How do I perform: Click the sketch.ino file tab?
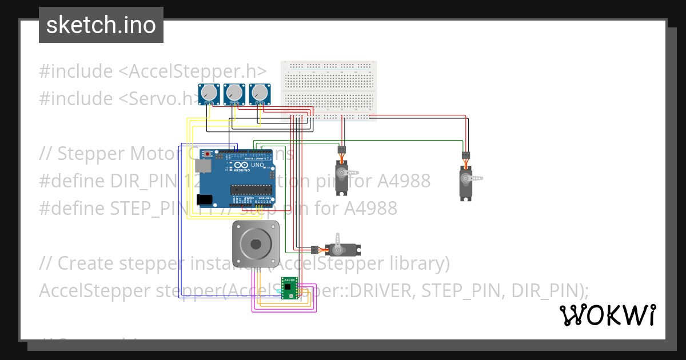pyautogui.click(x=101, y=25)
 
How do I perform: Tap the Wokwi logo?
pyautogui.click(x=607, y=315)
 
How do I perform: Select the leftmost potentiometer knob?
pyautogui.click(x=209, y=92)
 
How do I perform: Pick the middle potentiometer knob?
pyautogui.click(x=234, y=92)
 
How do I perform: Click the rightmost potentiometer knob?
pyautogui.click(x=260, y=92)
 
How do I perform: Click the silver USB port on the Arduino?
pyautogui.click(x=203, y=166)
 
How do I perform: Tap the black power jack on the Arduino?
pyautogui.click(x=204, y=199)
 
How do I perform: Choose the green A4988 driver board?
pyautogui.click(x=290, y=288)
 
